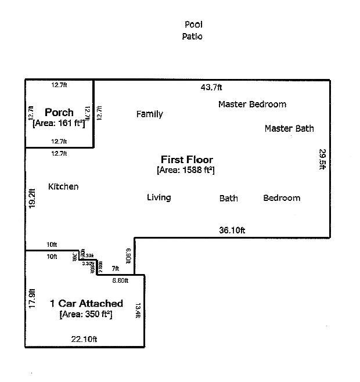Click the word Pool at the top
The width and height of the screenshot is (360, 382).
(193, 24)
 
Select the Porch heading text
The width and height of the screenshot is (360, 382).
(59, 112)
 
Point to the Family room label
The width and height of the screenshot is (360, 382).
(149, 114)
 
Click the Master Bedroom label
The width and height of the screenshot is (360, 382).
(252, 104)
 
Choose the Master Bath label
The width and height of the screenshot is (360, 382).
(289, 128)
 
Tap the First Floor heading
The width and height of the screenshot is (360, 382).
(186, 160)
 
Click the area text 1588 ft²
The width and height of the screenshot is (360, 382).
(186, 170)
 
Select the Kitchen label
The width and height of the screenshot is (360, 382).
(63, 187)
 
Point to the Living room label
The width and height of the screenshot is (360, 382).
(159, 198)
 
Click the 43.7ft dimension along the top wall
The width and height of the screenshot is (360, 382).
(211, 88)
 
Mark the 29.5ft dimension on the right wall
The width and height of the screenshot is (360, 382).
(322, 159)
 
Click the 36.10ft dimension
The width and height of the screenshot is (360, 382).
(232, 230)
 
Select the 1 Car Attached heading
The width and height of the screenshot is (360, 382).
(87, 304)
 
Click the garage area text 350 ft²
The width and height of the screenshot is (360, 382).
(85, 314)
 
